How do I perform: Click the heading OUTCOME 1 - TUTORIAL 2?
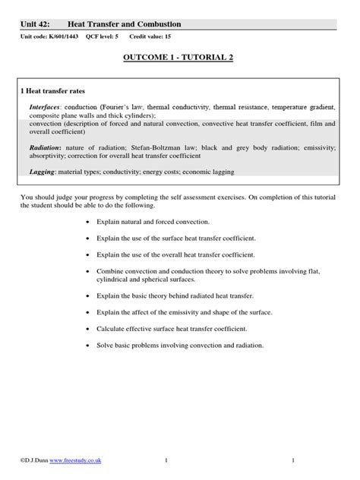(x=180, y=60)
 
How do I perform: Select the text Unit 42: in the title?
(x=36, y=25)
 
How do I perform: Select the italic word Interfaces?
(x=46, y=108)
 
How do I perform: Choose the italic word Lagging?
(x=43, y=172)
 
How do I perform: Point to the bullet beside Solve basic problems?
(x=89, y=346)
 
